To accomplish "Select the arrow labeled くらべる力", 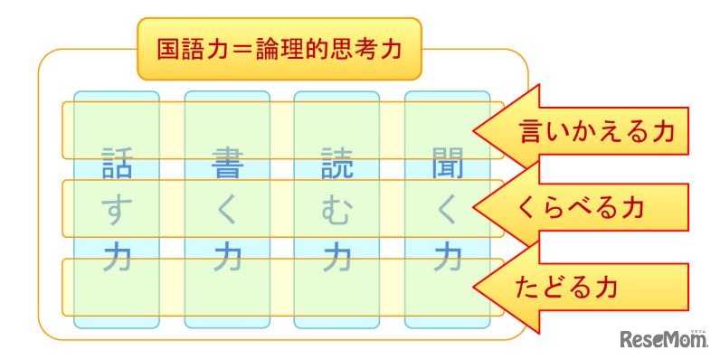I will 579,208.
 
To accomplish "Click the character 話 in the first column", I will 117,166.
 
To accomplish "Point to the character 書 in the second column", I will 227,166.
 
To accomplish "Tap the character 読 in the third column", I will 337,166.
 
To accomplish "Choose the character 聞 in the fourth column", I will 447,166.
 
